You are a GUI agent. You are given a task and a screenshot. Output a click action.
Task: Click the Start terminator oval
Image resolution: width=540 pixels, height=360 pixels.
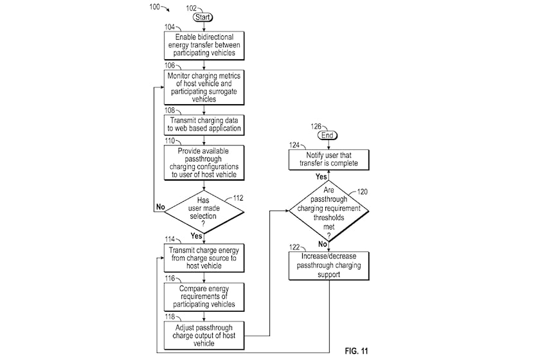click(203, 17)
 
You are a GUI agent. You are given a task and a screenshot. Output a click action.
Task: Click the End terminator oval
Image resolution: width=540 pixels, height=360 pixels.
click(327, 136)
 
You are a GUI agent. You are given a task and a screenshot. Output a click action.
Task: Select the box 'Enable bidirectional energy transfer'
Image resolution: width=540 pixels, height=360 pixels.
click(204, 46)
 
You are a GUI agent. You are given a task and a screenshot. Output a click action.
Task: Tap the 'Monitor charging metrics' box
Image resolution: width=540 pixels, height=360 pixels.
click(204, 87)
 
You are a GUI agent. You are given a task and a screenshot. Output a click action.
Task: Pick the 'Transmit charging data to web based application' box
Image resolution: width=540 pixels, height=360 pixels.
click(204, 125)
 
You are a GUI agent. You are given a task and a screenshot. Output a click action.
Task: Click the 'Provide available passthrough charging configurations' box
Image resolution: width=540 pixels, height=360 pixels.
click(204, 163)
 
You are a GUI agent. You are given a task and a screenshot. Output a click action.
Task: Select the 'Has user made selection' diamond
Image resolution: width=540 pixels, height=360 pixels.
click(204, 212)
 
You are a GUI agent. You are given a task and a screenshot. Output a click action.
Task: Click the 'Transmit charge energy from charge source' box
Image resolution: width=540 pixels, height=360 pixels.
click(204, 258)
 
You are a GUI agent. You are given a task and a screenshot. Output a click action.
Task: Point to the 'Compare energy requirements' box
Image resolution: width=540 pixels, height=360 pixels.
click(204, 297)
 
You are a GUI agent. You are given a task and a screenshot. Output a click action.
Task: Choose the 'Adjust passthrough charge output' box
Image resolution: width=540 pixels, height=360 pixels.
click(204, 336)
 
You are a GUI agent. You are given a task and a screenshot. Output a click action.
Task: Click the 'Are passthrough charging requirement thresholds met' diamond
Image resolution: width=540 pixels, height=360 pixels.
click(328, 210)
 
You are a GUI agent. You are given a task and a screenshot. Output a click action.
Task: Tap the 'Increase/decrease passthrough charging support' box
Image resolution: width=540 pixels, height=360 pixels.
click(328, 265)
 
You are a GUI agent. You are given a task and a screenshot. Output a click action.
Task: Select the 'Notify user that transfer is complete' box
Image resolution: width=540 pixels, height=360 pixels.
click(328, 159)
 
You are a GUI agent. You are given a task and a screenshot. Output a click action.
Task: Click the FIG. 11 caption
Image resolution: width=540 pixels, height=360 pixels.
click(356, 351)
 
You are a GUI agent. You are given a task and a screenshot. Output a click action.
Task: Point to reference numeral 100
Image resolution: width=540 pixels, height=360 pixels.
click(155, 6)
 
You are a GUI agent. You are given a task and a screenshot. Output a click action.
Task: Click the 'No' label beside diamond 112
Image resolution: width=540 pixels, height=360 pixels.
click(161, 207)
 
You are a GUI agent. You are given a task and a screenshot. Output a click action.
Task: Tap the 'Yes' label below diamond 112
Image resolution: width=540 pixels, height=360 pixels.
click(196, 236)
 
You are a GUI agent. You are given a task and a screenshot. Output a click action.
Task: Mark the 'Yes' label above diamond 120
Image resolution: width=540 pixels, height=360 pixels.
click(321, 177)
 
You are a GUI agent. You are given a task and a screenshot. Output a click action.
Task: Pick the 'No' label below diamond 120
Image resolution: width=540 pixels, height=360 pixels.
click(322, 244)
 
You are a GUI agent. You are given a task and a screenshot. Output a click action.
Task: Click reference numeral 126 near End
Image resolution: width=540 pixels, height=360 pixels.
click(316, 127)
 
